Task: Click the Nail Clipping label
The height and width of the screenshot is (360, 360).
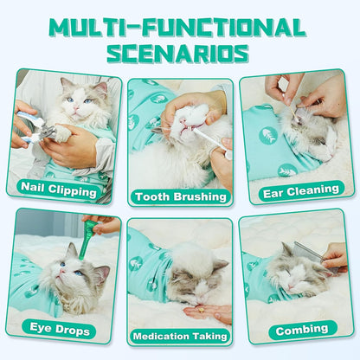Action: (x=59, y=186)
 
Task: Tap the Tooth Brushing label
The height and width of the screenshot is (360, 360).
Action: (x=179, y=196)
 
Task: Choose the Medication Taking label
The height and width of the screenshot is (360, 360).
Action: (x=179, y=337)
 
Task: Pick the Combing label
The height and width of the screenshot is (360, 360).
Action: (x=302, y=330)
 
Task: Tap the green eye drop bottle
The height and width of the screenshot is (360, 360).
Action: (x=89, y=229)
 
